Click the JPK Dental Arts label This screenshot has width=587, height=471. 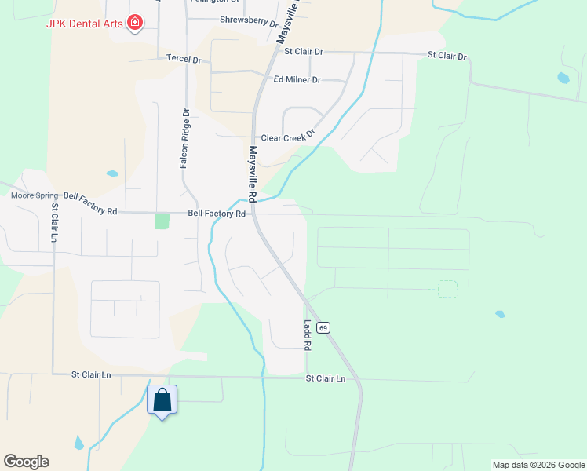click(x=85, y=23)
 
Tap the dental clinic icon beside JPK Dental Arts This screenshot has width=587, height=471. click(x=135, y=22)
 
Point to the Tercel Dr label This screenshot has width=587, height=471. click(x=184, y=59)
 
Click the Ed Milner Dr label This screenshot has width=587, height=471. click(x=297, y=80)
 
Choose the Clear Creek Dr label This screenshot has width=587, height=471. click(x=287, y=137)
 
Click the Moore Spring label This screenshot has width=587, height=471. click(x=34, y=195)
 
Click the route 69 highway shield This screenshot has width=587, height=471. click(x=323, y=327)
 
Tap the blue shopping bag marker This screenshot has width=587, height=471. click(x=162, y=400)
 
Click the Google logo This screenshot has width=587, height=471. click(x=26, y=462)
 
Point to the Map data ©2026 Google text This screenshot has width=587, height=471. click(x=538, y=465)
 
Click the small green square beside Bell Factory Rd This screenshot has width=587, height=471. click(x=162, y=221)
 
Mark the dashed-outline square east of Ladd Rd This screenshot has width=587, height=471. click(x=447, y=289)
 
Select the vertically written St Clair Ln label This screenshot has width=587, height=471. click(x=55, y=223)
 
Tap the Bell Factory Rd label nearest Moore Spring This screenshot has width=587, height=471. click(x=90, y=211)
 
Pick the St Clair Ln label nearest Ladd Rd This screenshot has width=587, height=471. click(x=325, y=378)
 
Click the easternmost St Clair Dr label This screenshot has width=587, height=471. click(x=447, y=57)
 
